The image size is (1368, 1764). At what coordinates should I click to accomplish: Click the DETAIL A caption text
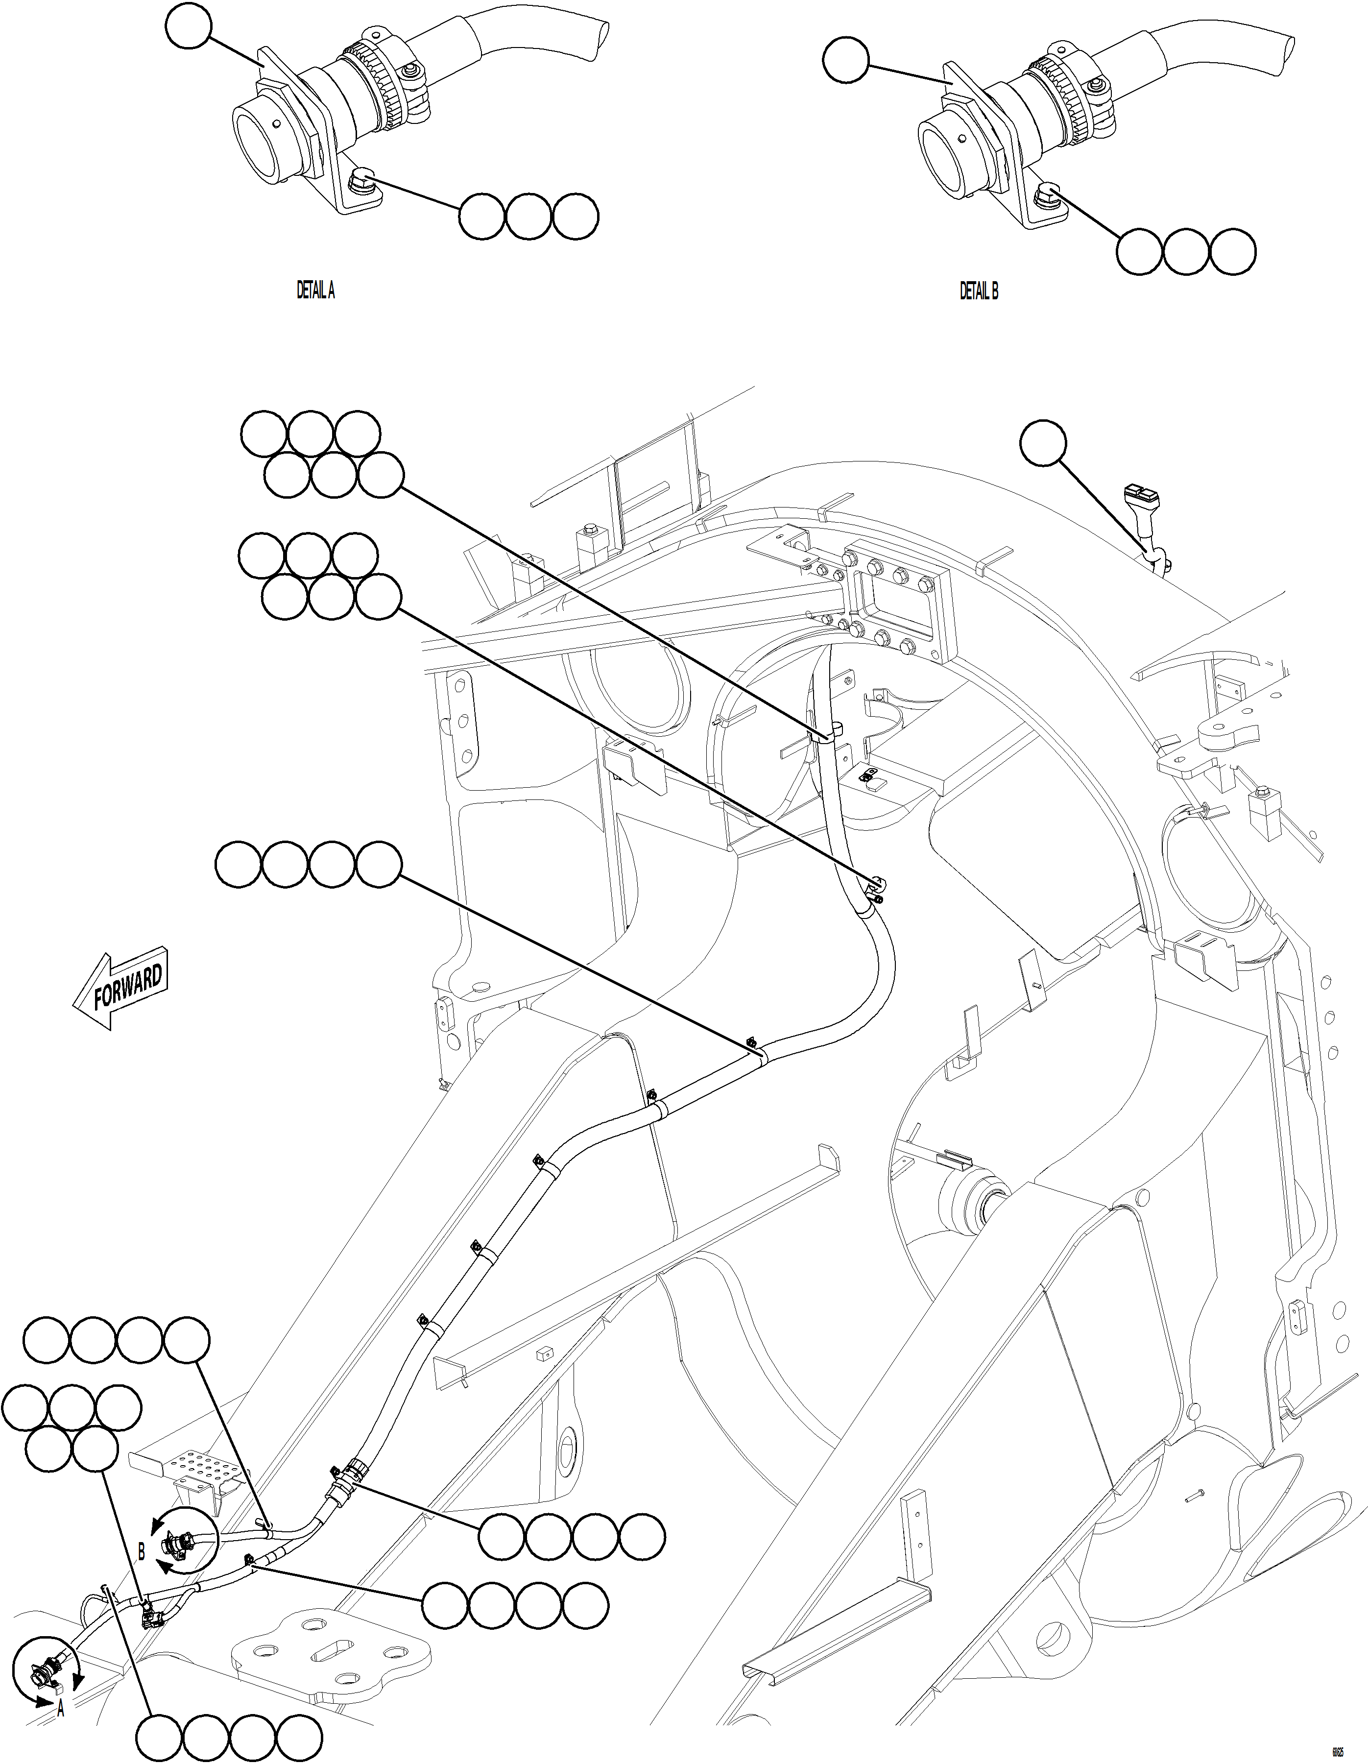(316, 291)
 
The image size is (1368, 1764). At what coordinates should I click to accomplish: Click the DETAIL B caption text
(978, 291)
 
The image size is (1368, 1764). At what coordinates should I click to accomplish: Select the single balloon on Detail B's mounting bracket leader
(845, 61)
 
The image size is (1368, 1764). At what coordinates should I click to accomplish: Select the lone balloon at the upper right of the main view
(1043, 443)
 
